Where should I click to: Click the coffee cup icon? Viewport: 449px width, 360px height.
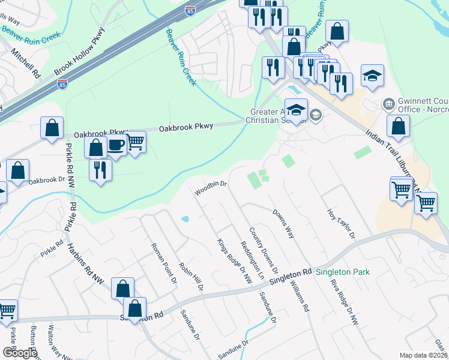pos(116,145)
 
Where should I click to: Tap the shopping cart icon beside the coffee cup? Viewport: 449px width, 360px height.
pos(136,142)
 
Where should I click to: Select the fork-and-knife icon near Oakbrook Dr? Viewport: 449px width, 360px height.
pos(100,169)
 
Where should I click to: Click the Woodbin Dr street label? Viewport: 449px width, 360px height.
pos(209,188)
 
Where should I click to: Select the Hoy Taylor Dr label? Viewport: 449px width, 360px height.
pos(342,223)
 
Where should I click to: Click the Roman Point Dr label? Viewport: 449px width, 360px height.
pos(157,262)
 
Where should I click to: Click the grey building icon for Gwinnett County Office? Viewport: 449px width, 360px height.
pos(388,104)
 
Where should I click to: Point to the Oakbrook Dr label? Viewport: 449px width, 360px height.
pos(46,179)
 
